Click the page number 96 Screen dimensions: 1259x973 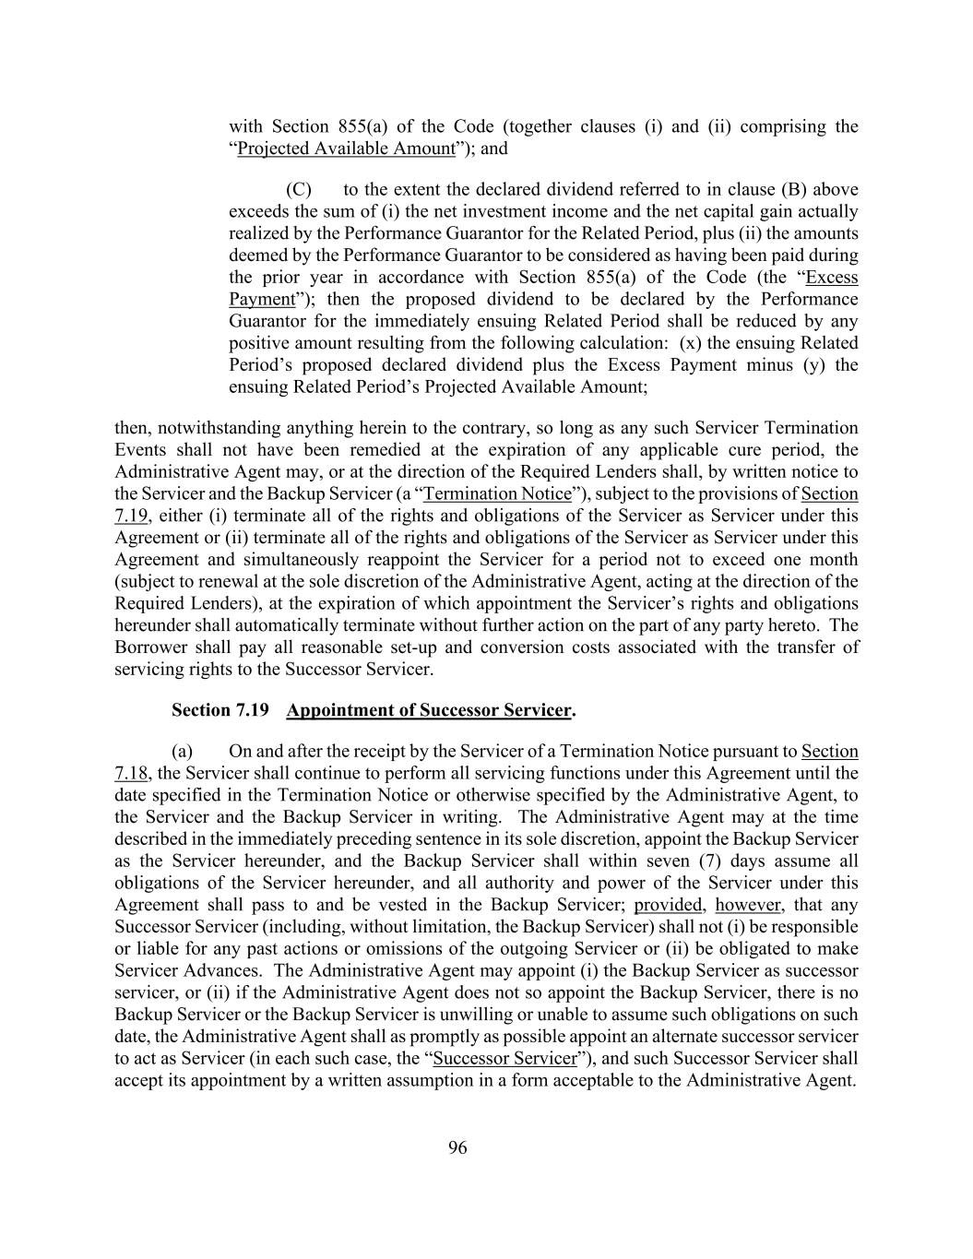point(457,1147)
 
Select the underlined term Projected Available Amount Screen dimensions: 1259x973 point(346,148)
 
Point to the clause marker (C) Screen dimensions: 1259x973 point(299,190)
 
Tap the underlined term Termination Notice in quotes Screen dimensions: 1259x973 point(497,494)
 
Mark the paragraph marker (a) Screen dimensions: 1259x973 point(182,752)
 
